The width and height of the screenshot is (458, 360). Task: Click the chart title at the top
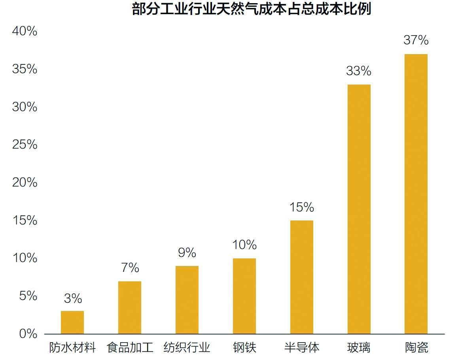coord(252,9)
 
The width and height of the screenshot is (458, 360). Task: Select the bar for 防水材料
coord(72,322)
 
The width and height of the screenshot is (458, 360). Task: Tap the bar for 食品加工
coord(130,307)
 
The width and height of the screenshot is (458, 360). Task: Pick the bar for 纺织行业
coord(187,300)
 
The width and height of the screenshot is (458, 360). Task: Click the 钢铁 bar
coord(244,296)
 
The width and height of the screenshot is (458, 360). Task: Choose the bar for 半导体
coord(302,277)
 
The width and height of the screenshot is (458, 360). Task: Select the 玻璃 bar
coord(359,209)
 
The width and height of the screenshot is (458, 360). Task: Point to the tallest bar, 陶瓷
coord(416,194)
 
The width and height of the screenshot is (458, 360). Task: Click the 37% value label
coord(416,40)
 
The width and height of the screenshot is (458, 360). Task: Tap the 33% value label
coord(359,71)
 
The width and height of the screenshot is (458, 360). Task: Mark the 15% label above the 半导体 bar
coord(301,207)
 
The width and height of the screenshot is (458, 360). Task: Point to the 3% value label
coord(73,298)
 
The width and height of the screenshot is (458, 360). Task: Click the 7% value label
coord(130,268)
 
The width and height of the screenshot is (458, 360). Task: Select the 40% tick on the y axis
coord(25,31)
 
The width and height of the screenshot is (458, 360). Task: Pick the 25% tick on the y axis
coord(25,145)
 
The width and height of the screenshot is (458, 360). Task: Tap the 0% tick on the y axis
coord(28,334)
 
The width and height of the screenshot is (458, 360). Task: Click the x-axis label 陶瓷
coord(416,348)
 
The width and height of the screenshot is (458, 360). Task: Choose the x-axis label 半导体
coord(302,348)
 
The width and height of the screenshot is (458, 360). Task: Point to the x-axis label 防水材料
coord(73,348)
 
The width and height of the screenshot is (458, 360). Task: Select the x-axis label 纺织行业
coord(187,348)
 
